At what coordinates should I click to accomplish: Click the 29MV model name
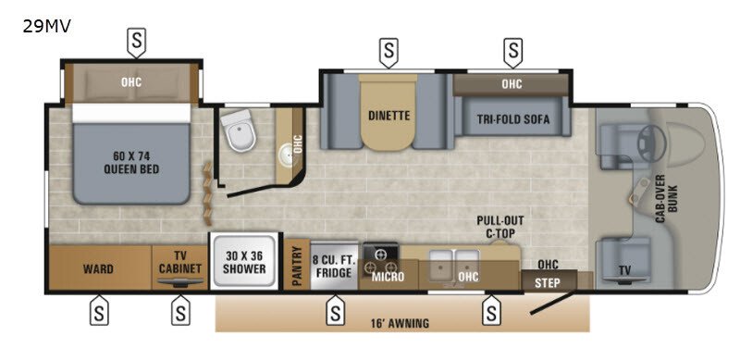point(47,27)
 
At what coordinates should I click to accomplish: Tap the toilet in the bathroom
point(239,130)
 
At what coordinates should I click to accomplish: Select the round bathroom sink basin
point(286,154)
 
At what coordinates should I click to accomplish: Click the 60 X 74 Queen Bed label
point(131,162)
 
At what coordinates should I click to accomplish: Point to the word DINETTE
point(388,116)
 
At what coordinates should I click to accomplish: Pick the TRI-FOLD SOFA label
point(513,119)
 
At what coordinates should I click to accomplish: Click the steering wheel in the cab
point(652,140)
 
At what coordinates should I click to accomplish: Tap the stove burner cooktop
point(380,261)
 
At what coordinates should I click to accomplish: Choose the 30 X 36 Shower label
point(244,262)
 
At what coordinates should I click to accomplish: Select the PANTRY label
point(297,266)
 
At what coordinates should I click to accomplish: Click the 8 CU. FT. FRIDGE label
point(333,266)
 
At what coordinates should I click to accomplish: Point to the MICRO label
point(388,277)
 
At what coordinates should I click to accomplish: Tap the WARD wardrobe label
point(98,269)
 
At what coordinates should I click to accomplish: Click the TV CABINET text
point(179,262)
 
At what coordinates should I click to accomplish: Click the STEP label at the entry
point(548,283)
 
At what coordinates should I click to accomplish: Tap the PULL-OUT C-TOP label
point(500,227)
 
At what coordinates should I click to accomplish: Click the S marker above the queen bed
point(136,42)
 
